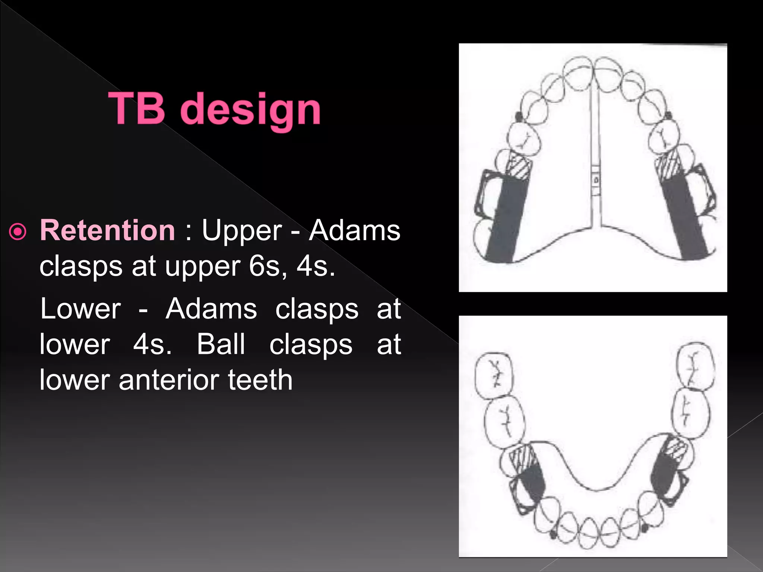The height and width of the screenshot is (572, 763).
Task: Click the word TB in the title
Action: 137,108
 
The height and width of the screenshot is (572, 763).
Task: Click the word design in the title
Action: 251,110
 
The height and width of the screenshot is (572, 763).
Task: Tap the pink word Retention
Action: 107,231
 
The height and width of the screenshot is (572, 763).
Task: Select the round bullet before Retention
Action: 18,232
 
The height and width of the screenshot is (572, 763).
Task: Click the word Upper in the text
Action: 241,231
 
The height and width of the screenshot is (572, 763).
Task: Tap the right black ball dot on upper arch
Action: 668,115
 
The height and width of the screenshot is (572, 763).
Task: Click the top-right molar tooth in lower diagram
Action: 696,366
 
